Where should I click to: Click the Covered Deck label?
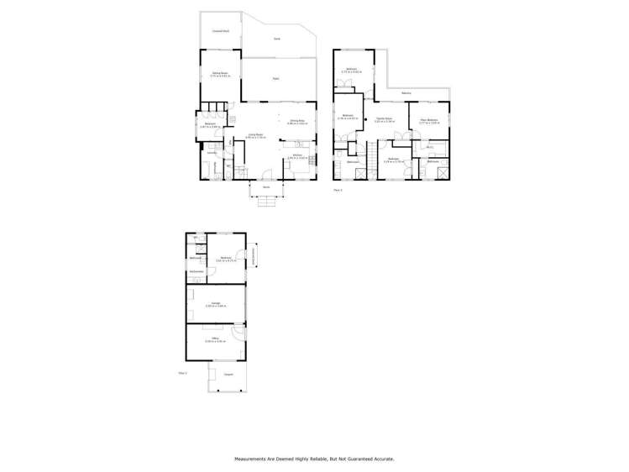point(220,31)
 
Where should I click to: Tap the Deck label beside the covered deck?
point(277,39)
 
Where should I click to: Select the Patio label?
point(275,79)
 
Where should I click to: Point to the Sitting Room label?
point(220,74)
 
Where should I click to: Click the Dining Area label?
point(297,122)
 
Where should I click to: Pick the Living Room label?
point(254,134)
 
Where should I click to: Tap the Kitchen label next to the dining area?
point(298,155)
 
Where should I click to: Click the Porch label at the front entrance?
point(266,187)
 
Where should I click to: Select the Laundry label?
point(212,153)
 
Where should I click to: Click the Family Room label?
point(385,120)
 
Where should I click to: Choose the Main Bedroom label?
point(429,120)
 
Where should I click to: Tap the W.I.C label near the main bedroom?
point(428,148)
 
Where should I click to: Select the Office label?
point(216,339)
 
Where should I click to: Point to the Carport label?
point(228,375)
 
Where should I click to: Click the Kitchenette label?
point(197,272)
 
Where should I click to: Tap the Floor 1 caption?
point(182,372)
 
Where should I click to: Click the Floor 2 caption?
point(338,190)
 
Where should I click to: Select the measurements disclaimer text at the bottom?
point(314,459)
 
